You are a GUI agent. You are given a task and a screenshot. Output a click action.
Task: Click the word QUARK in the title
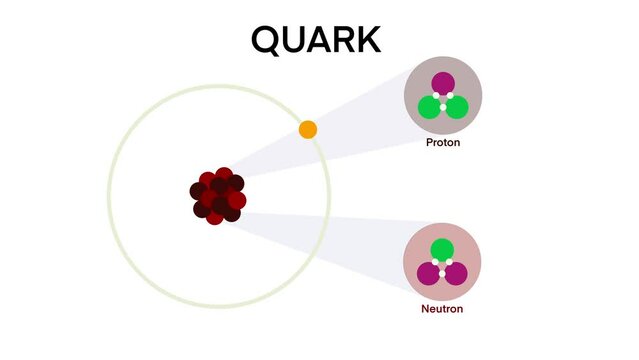coord(315,39)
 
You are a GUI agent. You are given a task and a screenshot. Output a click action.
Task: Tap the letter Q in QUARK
coord(266,39)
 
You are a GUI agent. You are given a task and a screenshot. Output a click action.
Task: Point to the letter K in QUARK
coord(366,39)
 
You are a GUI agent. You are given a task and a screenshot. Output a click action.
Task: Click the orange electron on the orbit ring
coord(308,129)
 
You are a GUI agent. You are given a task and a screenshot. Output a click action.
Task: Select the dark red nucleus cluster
coord(218,196)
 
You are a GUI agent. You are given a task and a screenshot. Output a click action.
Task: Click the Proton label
coord(443,143)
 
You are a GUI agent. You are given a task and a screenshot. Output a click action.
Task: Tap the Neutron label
coord(442,309)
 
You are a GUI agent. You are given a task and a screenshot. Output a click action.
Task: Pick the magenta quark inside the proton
coord(443,84)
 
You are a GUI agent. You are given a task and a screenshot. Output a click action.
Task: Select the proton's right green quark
coord(456,107)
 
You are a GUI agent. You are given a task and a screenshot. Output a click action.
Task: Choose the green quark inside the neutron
coord(442,250)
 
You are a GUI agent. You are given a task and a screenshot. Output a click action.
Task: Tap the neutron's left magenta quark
coord(430,273)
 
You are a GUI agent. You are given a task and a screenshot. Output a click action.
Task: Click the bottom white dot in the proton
coord(443,106)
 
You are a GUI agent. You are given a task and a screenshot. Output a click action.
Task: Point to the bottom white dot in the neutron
coord(442,273)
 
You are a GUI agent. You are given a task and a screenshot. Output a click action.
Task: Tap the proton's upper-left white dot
coord(436,96)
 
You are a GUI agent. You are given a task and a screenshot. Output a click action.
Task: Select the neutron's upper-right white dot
coord(449,262)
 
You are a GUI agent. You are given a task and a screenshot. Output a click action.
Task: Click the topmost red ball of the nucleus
coord(224,175)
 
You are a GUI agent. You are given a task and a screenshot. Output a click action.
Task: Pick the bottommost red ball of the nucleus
coord(215,217)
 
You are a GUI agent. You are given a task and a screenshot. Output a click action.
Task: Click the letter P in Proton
coord(429,143)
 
